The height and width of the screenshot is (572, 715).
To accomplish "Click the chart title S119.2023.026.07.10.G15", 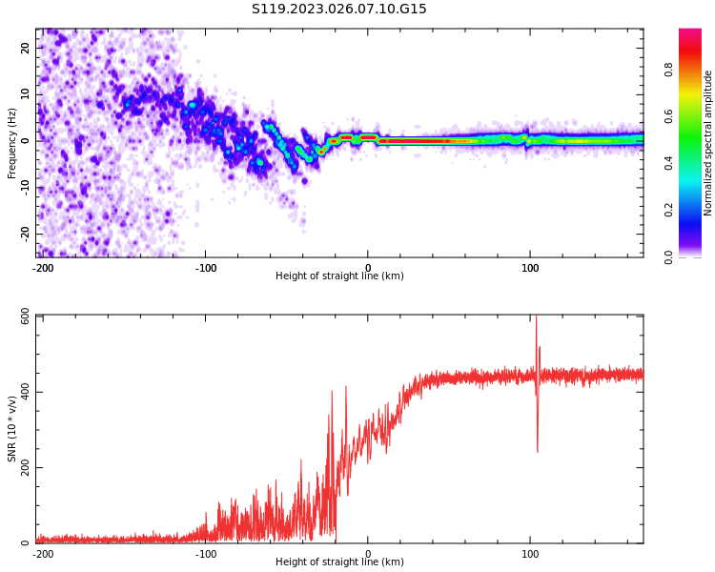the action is pos(338,9).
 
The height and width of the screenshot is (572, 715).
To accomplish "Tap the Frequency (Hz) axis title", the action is pos(11,143).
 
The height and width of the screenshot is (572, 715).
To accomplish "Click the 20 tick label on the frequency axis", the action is pos(25,48).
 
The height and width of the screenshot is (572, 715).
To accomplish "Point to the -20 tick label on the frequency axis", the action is pos(25,234).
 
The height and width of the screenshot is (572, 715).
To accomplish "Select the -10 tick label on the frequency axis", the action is pos(25,187).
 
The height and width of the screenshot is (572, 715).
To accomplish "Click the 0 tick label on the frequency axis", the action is pos(25,141).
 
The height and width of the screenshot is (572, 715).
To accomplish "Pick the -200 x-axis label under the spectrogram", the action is pos(43,268).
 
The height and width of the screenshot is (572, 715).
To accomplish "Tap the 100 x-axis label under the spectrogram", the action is pos(530,268).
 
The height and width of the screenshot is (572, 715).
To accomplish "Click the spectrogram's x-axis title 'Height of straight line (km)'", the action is pos(339,276).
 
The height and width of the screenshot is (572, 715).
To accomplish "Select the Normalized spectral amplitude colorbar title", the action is pos(707,143).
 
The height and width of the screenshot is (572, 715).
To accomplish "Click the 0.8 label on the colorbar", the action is pos(669,71).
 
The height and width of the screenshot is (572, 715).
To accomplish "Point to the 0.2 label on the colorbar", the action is pos(669,211).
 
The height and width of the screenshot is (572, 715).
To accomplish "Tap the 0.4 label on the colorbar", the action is pos(669,163).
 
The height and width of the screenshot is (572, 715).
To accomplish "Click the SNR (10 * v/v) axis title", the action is pos(11,429).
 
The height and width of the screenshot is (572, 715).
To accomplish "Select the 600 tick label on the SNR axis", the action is pos(25,317).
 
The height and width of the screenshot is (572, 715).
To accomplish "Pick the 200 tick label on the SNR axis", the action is pos(25,467).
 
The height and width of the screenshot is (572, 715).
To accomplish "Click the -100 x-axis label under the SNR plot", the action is pos(205,554).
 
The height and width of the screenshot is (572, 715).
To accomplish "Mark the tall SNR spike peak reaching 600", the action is pos(536,316).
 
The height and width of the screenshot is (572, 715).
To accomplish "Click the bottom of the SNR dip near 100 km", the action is pos(538,452).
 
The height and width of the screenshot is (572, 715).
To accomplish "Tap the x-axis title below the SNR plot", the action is pos(339,562).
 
